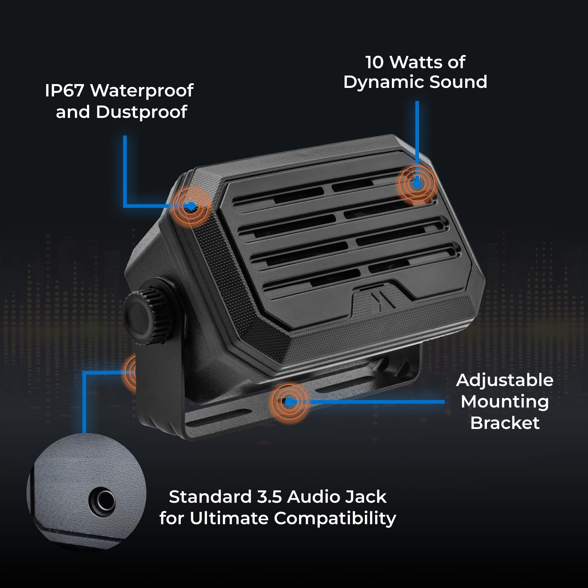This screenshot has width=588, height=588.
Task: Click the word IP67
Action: pos(64,90)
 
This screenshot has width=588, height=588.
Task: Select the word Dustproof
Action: pos(141,112)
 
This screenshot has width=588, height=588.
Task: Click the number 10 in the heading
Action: pos(374,62)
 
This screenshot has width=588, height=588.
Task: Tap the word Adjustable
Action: pos(505,380)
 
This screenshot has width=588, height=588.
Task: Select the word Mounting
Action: pos(505,402)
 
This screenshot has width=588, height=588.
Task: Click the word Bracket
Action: pos(505,423)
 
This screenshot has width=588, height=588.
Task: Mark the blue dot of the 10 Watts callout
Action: pos(417,183)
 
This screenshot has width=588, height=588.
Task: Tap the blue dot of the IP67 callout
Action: pos(191,206)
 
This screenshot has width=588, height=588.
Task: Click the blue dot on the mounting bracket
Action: pos(289,402)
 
